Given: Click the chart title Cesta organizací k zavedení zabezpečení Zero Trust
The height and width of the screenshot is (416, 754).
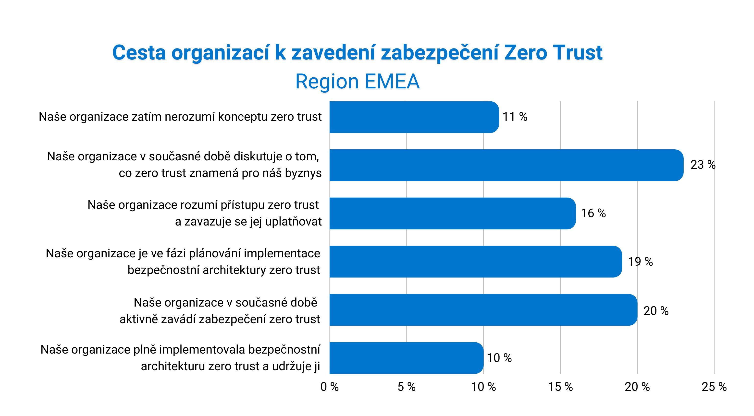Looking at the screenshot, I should click(357, 53).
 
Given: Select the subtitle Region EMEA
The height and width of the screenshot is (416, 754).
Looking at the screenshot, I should click(357, 81).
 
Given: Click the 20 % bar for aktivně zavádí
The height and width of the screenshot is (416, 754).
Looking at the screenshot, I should click(483, 310).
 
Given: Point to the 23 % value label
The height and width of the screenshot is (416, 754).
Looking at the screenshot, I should click(703, 165).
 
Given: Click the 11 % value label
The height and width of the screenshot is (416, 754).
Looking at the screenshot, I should click(515, 117).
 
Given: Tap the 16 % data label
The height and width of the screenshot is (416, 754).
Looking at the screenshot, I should click(593, 213).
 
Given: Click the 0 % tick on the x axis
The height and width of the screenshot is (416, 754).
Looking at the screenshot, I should click(330, 387).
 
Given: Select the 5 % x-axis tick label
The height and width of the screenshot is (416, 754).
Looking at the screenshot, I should click(407, 387).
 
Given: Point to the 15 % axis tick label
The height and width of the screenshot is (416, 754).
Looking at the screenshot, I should click(560, 387).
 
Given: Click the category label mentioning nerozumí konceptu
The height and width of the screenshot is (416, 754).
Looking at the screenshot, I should click(180, 117).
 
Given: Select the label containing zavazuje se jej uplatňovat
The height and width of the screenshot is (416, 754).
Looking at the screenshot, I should click(248, 222).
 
